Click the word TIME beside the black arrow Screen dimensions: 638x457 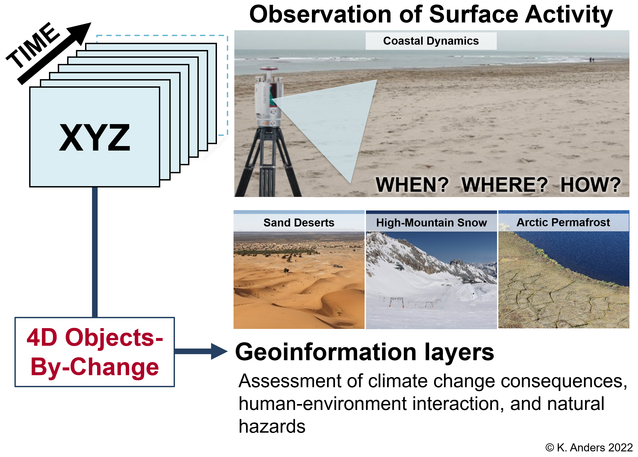[x=33, y=45]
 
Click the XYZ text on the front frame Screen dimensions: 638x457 [x=94, y=137]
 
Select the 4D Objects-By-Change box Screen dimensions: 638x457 [x=94, y=352]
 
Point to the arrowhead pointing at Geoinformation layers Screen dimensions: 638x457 [x=219, y=351]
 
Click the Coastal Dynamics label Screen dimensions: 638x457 [x=431, y=41]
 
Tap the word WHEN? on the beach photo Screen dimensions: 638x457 [x=412, y=185]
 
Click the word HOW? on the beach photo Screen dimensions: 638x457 [x=590, y=185]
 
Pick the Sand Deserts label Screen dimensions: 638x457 [x=299, y=223]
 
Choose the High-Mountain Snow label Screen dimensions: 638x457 [x=431, y=223]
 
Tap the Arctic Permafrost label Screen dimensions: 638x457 [x=563, y=222]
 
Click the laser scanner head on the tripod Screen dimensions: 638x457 [x=269, y=97]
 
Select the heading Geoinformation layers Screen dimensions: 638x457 [x=365, y=352]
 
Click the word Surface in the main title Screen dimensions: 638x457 [x=474, y=15]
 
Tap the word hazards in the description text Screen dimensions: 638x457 [x=272, y=427]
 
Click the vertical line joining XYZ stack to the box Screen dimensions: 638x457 [x=95, y=252]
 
